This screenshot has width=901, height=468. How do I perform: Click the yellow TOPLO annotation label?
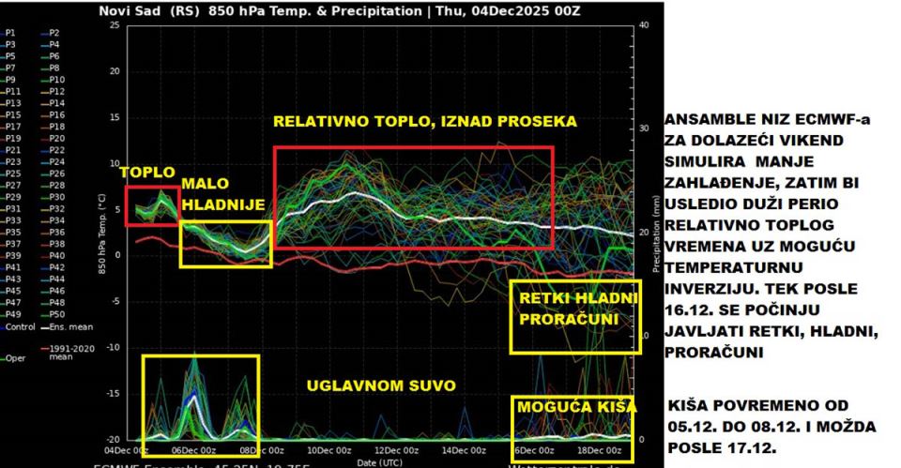tap(147, 174)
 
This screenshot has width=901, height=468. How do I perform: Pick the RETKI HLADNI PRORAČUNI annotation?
tap(575, 309)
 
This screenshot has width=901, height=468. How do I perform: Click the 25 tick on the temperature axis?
tap(114, 24)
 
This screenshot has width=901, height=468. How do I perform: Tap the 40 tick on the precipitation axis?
tap(644, 24)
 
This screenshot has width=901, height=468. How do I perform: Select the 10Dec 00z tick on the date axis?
tap(328, 450)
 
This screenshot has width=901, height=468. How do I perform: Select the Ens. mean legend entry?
tap(64, 326)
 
